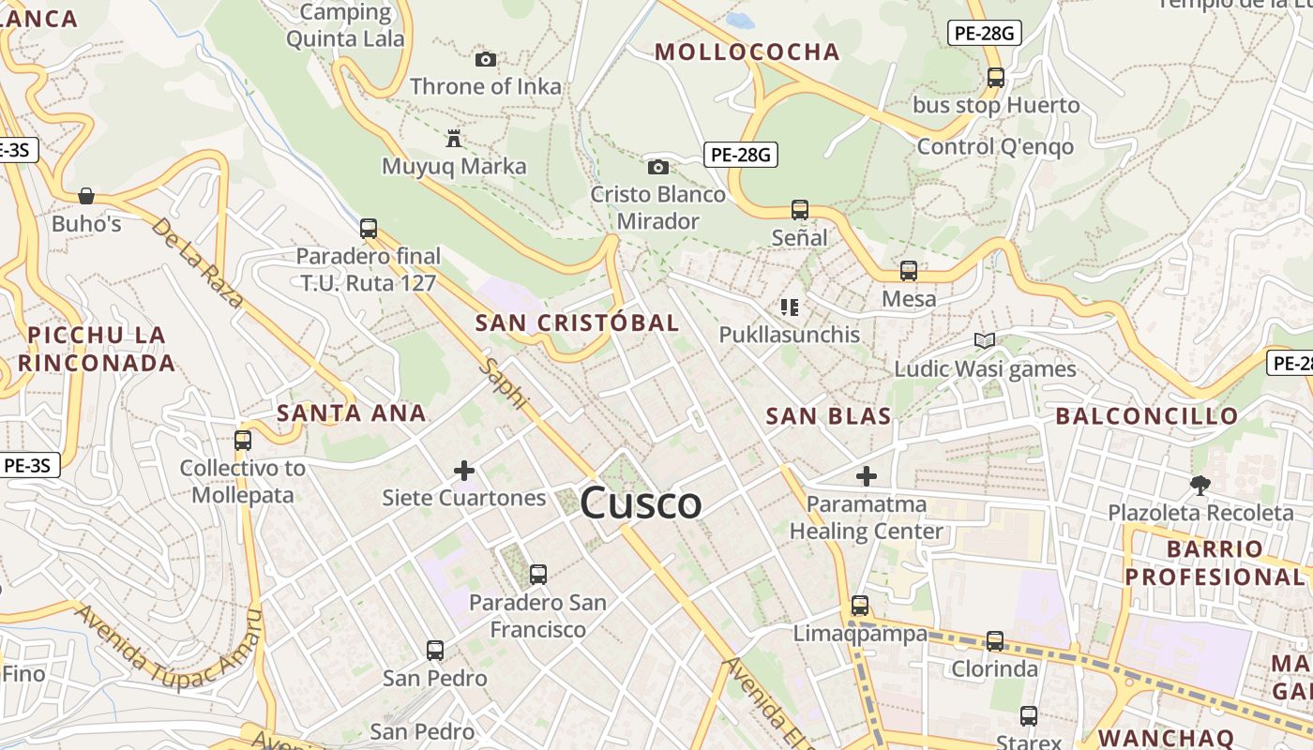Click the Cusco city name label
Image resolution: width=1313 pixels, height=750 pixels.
point(641,503)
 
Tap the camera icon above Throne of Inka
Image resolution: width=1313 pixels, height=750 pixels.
point(485,59)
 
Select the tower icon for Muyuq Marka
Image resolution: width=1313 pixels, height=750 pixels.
point(454,139)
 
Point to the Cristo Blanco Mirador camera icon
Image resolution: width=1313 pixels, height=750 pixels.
point(658,167)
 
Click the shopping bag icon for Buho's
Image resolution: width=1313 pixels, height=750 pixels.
point(86,196)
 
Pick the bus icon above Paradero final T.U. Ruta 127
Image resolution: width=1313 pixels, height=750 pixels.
point(369,228)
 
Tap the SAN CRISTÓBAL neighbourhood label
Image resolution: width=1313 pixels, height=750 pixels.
point(577,322)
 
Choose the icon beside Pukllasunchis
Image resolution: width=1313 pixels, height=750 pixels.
point(790,307)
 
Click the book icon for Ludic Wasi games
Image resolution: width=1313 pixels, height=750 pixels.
point(984,340)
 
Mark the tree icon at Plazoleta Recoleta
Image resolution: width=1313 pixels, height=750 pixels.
point(1200,485)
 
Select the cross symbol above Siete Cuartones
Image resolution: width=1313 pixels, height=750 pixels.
point(463,470)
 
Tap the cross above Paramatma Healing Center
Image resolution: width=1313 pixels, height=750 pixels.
point(866,476)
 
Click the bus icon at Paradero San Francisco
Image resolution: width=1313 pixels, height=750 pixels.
point(537,574)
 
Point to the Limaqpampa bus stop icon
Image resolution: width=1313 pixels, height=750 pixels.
point(860,606)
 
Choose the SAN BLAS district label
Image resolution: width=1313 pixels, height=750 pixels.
point(828,416)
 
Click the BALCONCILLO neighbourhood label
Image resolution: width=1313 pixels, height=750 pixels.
point(1147,415)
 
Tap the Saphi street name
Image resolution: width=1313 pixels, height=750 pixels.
point(504,382)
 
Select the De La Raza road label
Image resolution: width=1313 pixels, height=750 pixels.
point(198,263)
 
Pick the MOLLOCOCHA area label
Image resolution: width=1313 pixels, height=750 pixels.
point(747,52)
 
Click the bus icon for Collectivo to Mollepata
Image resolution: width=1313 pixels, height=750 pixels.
point(243,440)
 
